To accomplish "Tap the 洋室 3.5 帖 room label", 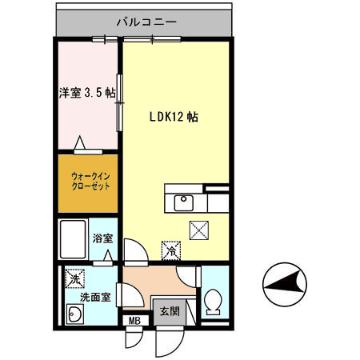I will click(87, 92).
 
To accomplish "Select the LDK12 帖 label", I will click(174, 117).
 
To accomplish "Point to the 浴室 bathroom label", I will click(102, 238).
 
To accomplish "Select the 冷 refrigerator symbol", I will click(170, 250).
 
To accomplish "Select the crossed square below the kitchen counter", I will click(198, 230).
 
